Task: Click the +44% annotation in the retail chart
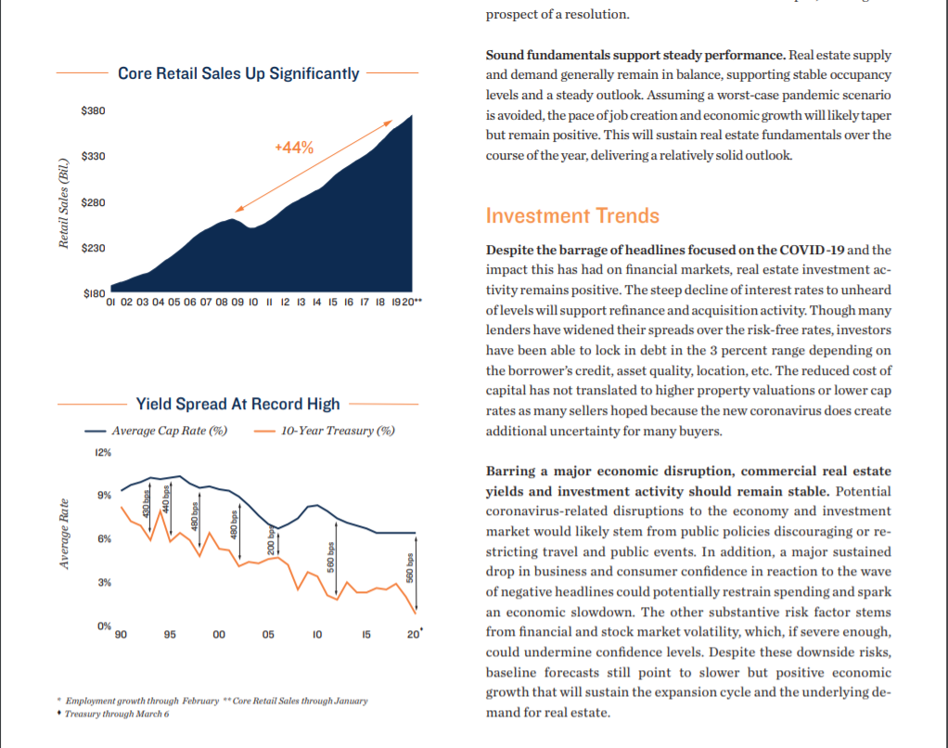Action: [x=295, y=148]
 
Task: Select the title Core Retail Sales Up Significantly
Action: [x=238, y=73]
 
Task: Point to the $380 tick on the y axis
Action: [x=94, y=111]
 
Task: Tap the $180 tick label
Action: [x=94, y=294]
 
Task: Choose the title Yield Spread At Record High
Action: [x=237, y=404]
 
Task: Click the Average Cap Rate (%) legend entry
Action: [x=169, y=431]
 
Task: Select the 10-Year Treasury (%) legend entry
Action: [x=337, y=431]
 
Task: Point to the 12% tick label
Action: [x=103, y=453]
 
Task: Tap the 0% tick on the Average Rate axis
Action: [x=104, y=626]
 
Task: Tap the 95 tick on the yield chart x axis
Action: [x=169, y=636]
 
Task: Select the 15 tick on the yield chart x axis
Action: [x=365, y=636]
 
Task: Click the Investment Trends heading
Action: [x=572, y=216]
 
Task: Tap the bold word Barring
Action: [x=510, y=472]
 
